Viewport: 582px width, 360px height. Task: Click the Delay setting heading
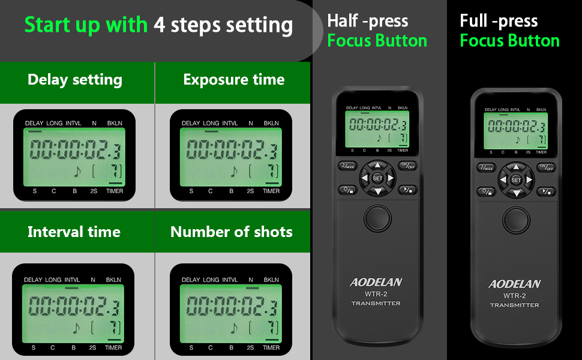[x=75, y=80]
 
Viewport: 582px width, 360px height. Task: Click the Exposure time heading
[x=233, y=80]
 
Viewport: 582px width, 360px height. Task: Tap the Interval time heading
[x=74, y=232]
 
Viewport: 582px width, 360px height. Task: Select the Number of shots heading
[x=232, y=232]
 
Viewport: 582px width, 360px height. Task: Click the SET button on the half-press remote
[x=377, y=178]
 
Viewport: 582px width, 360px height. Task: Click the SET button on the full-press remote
[x=516, y=180]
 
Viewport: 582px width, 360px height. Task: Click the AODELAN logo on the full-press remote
[x=515, y=284]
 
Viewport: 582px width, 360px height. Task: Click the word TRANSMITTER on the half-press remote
[x=376, y=304]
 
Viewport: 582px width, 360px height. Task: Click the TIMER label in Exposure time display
[x=271, y=191]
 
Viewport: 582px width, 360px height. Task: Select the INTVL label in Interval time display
[x=72, y=280]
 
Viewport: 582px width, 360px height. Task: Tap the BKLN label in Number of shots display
[x=271, y=280]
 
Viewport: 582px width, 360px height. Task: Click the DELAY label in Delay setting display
[x=34, y=124]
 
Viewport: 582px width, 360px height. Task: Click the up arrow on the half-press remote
[x=377, y=164]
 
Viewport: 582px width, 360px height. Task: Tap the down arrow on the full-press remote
[x=516, y=193]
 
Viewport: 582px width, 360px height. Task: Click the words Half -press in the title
[x=368, y=22]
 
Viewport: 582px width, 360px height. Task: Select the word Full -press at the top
[x=499, y=22]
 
